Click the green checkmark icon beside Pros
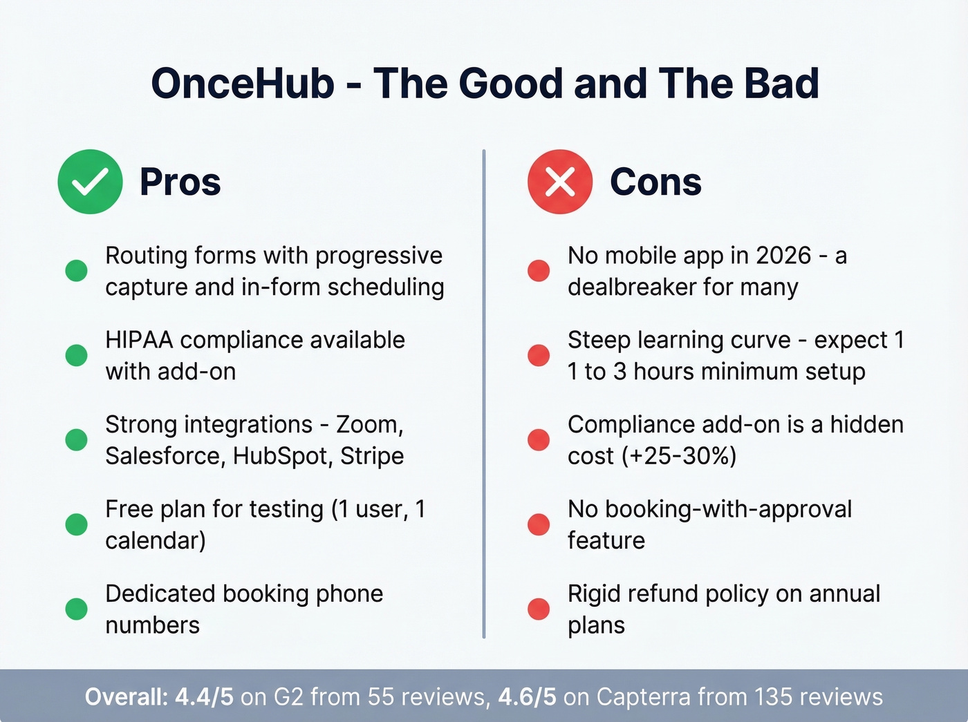click(90, 182)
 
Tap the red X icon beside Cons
click(560, 182)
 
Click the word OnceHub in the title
click(243, 84)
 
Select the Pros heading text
click(180, 182)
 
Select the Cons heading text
click(655, 182)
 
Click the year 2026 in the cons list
click(783, 256)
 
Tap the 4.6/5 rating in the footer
click(527, 696)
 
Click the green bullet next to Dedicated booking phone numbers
click(76, 609)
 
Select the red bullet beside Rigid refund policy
click(539, 609)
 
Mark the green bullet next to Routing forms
click(76, 270)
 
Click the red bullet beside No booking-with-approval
click(539, 524)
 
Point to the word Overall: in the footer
click(126, 696)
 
